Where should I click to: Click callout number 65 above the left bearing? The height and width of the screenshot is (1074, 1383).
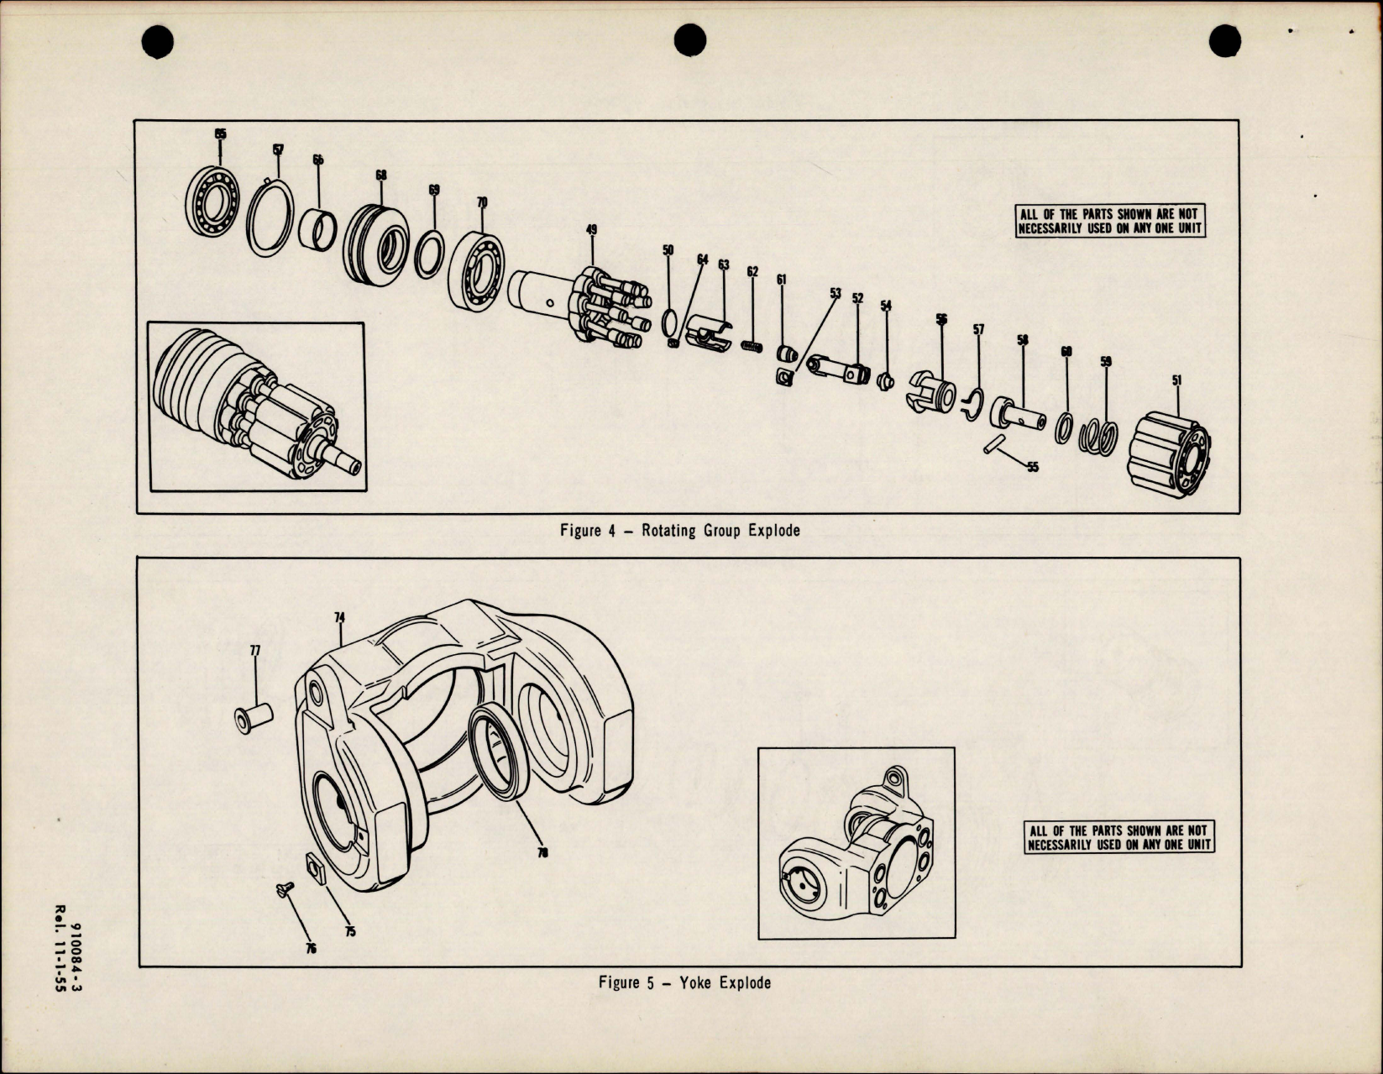[220, 134]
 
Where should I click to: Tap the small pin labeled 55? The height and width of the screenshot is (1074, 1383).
[994, 443]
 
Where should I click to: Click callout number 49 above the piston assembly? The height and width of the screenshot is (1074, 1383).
[591, 229]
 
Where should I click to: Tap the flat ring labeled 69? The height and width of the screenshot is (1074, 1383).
[430, 254]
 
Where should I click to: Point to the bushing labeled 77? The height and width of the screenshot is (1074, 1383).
[254, 719]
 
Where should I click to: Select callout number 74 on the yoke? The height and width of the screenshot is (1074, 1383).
[339, 616]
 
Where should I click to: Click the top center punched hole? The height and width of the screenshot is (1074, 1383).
[690, 39]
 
